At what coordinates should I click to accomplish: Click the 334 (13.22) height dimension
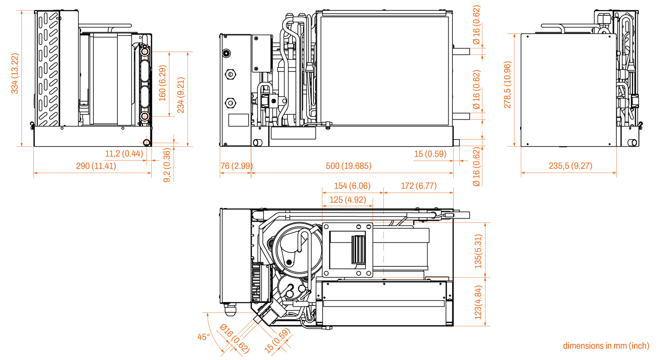coord(15,73)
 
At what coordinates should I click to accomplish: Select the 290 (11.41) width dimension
coord(96,166)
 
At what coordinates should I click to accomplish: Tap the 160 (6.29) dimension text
coord(163,83)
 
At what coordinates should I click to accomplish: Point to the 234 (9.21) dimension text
coord(181,95)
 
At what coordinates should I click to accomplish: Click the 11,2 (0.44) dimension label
coord(124,154)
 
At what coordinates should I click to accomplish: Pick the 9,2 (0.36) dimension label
coord(167,166)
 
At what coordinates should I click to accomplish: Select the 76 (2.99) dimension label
coord(237,166)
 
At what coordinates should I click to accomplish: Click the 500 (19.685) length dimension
coord(349,166)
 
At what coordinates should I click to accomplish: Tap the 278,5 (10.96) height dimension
coord(507,85)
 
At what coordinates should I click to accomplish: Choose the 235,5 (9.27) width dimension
coord(571,166)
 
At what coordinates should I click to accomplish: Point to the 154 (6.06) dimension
coord(352,186)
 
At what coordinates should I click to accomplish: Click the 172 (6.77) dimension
coord(418,186)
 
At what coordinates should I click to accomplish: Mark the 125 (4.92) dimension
coord(347,200)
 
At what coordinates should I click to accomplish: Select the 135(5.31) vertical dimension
coord(478,251)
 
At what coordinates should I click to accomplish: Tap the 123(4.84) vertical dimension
coord(478,303)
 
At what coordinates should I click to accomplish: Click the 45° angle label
coord(204,337)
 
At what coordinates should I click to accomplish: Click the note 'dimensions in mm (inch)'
coord(606,346)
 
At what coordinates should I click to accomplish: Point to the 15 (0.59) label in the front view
coord(430,154)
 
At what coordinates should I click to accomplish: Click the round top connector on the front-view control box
coord(227,54)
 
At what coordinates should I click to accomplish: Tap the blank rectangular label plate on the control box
coord(238,120)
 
